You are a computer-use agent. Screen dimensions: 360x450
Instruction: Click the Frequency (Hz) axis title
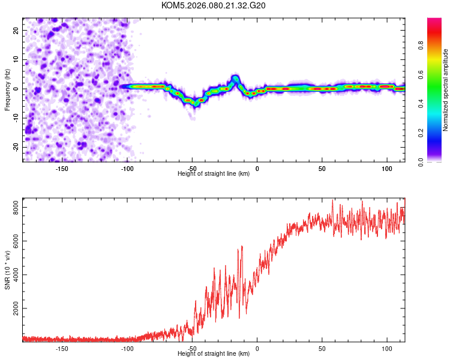click(7, 89)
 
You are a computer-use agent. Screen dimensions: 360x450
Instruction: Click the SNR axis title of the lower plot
click(7, 270)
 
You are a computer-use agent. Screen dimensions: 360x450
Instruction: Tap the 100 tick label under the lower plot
click(387, 349)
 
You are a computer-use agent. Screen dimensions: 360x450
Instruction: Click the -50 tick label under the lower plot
click(191, 349)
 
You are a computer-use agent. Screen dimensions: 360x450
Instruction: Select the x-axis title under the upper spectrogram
click(214, 174)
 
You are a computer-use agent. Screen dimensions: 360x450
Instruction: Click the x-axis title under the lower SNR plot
click(214, 354)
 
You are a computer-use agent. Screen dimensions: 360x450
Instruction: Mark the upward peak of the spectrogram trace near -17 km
click(236, 78)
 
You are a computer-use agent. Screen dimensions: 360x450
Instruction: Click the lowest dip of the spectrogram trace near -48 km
click(195, 103)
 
